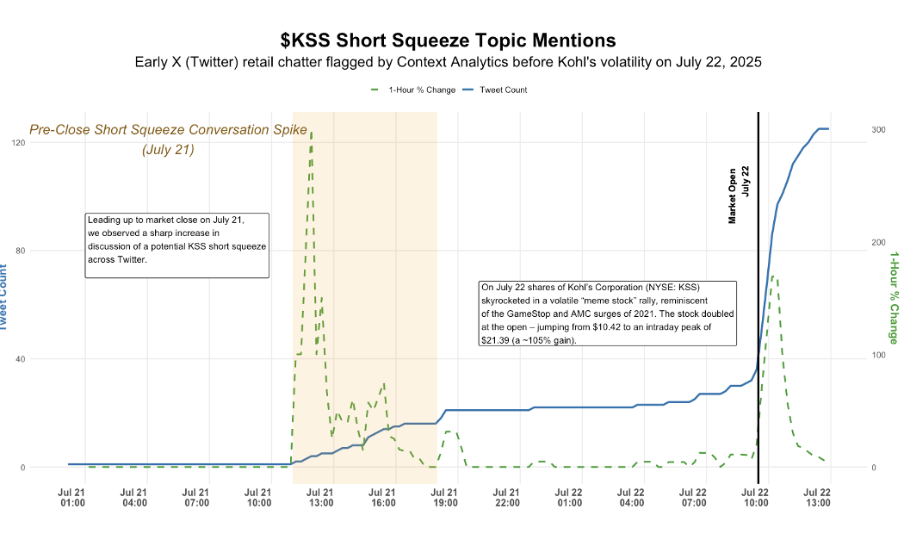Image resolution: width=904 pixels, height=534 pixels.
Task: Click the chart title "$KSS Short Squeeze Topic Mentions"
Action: [x=448, y=40]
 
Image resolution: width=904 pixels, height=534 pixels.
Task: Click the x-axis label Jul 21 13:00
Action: [x=321, y=497]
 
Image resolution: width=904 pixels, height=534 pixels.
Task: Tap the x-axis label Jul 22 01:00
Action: [x=569, y=497]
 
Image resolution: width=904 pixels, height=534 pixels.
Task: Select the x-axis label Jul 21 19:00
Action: [x=445, y=497]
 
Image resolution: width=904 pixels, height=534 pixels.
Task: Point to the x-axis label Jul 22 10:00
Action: [x=756, y=497]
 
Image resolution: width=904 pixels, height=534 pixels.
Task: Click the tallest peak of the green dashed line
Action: [x=311, y=133]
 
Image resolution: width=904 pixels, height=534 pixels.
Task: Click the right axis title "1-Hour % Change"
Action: [x=894, y=297]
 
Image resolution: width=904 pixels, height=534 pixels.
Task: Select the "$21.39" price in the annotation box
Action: [x=494, y=340]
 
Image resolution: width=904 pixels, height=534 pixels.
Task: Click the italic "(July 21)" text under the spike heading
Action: [x=168, y=149]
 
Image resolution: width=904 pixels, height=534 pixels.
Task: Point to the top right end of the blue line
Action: [x=827, y=129]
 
